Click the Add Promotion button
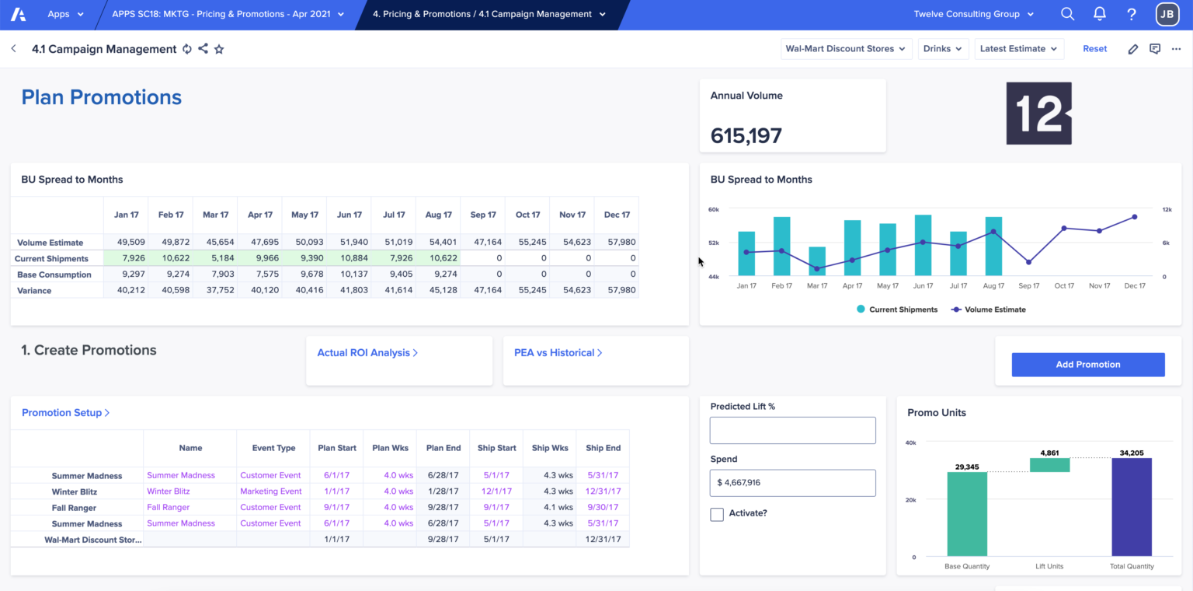click(1087, 364)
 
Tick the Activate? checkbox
click(717, 514)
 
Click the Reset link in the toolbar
click(1094, 48)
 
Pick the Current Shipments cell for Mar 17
click(215, 258)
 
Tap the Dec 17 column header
click(617, 215)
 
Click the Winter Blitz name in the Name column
click(169, 491)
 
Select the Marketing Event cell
click(271, 491)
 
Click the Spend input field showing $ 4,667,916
click(792, 483)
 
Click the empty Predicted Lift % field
click(792, 430)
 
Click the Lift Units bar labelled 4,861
click(1049, 465)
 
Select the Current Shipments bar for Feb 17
click(781, 247)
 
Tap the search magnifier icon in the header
click(1067, 14)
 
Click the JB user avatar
click(1167, 14)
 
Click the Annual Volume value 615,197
click(746, 136)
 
